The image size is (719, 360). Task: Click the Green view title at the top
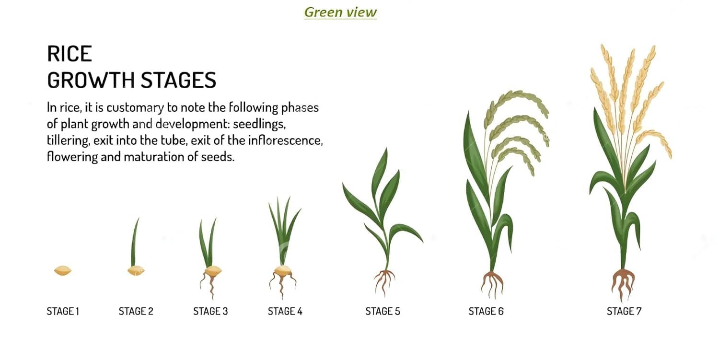(x=340, y=12)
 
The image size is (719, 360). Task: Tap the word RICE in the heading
(x=70, y=54)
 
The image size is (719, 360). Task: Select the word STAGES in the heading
(x=178, y=80)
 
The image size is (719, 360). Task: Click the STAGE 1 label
(x=63, y=311)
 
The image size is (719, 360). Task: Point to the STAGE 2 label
(x=136, y=311)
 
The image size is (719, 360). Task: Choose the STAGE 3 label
(x=210, y=311)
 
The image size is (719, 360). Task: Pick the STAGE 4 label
(x=285, y=311)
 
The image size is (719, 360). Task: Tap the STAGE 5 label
(x=383, y=311)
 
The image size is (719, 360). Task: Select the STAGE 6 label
(x=486, y=311)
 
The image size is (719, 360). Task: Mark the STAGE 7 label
(x=624, y=311)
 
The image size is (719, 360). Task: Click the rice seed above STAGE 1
(x=63, y=271)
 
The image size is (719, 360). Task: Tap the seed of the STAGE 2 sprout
(x=136, y=271)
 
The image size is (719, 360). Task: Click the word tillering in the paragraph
(x=68, y=140)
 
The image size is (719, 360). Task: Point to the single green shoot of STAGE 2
(x=135, y=243)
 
